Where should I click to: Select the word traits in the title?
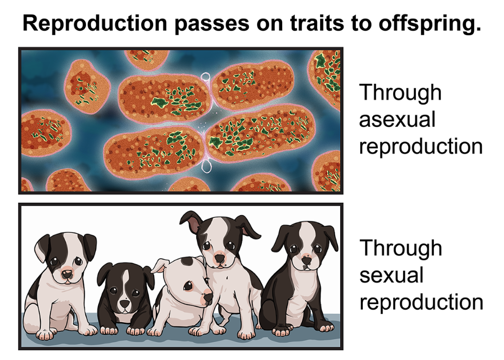click(317, 24)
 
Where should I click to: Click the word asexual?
click(397, 119)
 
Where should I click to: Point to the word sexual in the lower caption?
click(391, 275)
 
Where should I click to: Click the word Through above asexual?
click(400, 93)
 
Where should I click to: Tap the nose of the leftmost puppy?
click(67, 274)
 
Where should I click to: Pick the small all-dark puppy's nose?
click(124, 304)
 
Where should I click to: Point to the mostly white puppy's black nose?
click(208, 297)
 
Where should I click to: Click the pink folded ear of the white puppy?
click(160, 266)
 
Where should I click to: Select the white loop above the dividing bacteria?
click(206, 78)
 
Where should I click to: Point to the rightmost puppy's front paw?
click(281, 331)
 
